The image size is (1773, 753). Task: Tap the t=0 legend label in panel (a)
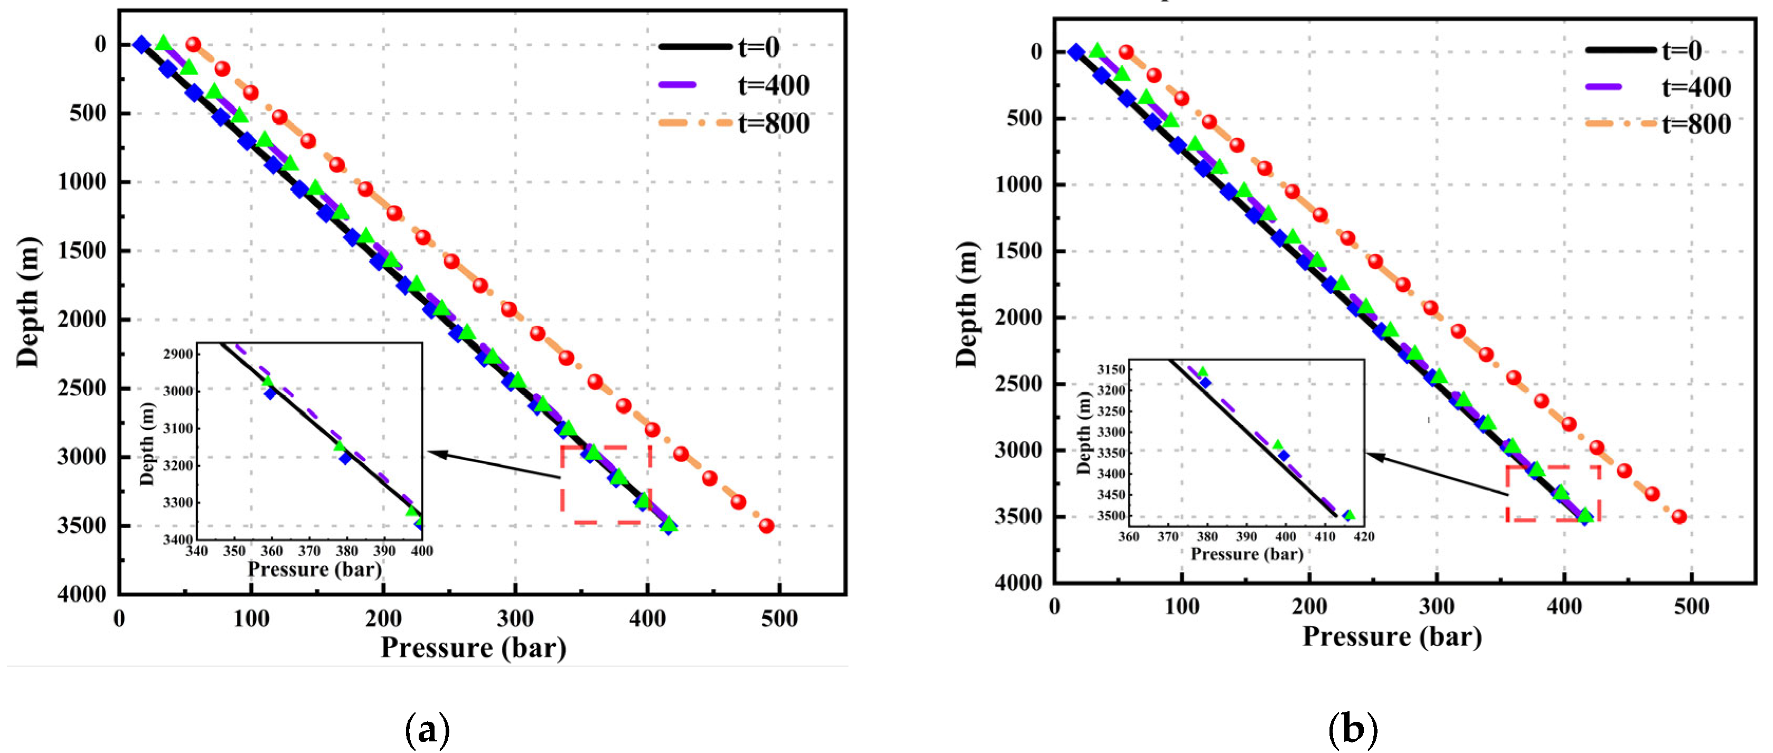tap(759, 47)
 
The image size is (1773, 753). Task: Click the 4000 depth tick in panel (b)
tap(1018, 582)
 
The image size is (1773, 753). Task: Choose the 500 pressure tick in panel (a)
tap(779, 619)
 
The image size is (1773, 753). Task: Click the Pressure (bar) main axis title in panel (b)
tap(1392, 636)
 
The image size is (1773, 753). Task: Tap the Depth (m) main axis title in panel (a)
tap(29, 301)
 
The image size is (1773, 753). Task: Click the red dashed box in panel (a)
tap(606, 485)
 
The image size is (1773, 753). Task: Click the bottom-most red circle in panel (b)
tap(1680, 516)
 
